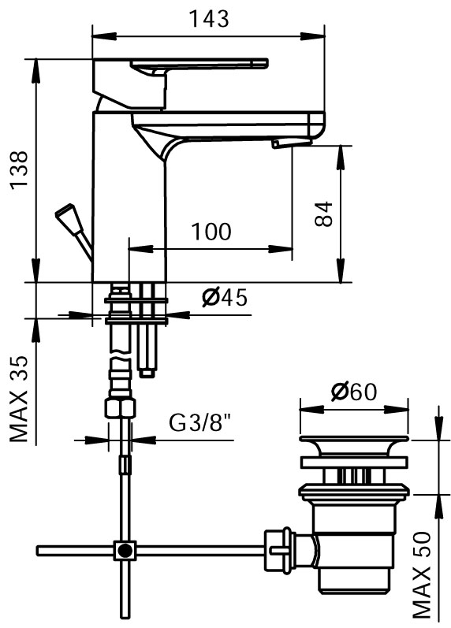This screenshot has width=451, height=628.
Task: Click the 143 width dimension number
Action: tap(209, 18)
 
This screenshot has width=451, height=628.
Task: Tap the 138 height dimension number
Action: tap(19, 170)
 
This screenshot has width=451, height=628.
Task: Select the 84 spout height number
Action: tap(323, 214)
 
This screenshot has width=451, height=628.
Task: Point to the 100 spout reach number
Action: tap(211, 232)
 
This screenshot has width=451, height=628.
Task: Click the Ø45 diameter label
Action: tap(225, 297)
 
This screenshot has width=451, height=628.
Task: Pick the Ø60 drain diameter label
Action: tap(354, 392)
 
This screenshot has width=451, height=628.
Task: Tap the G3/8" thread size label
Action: tap(200, 422)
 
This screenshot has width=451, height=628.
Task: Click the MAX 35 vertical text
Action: tap(19, 399)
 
